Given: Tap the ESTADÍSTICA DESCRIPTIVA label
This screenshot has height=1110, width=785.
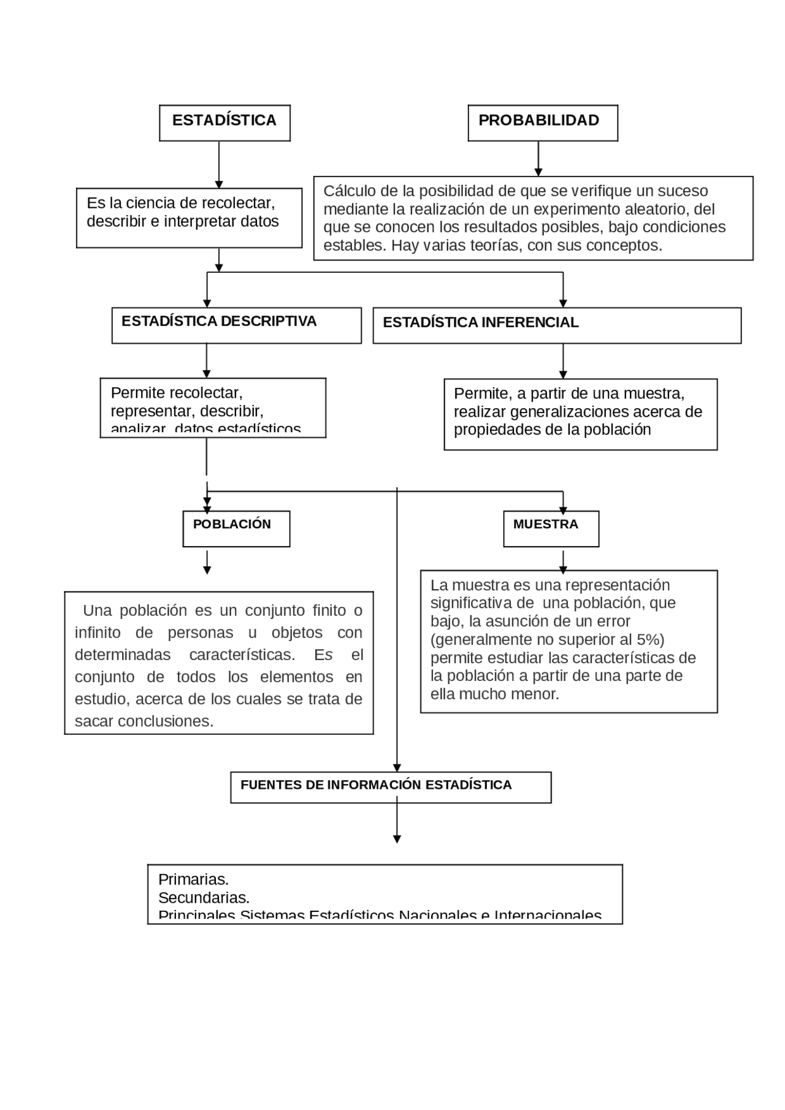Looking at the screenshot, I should point(219,321).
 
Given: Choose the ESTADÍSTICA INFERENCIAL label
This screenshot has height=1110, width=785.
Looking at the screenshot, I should point(480,322).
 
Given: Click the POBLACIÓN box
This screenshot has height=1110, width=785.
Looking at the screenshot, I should point(235,528).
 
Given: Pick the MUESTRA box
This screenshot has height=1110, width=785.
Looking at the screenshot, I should point(550,528).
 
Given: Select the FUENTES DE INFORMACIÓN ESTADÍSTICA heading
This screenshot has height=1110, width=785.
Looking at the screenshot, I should point(376,785).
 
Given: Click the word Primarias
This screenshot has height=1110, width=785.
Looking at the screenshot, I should point(193,880).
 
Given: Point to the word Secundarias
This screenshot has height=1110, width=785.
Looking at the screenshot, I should point(204,898).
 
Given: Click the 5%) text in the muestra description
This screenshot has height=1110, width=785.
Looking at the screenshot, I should point(651,640).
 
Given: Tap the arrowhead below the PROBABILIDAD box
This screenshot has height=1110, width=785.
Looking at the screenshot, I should point(538,172).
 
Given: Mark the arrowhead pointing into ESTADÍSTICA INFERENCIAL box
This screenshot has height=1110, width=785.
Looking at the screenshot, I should point(563,303).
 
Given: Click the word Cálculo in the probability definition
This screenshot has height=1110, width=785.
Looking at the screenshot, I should point(347,191).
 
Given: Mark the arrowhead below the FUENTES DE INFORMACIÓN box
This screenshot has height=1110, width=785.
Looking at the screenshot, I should point(397,839).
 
